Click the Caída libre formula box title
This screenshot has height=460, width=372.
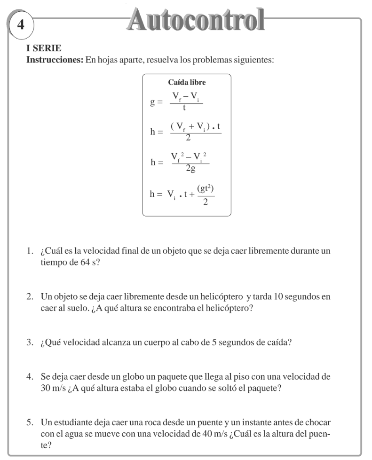(187, 83)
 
